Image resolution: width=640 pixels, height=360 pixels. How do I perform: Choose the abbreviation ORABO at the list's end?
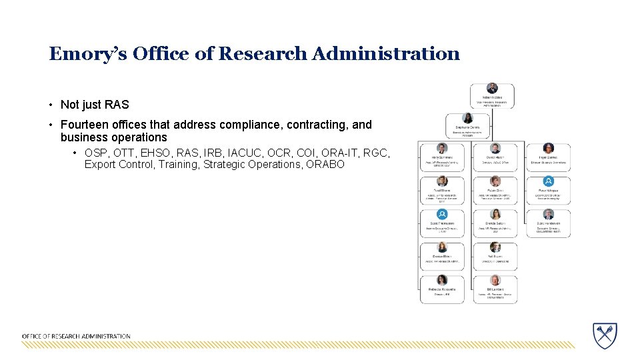click(x=325, y=164)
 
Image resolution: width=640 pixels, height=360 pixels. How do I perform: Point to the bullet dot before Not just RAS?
click(x=51, y=105)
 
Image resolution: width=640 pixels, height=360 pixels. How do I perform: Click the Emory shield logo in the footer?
click(x=605, y=334)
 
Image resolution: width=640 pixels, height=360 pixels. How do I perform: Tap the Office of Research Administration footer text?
click(x=76, y=336)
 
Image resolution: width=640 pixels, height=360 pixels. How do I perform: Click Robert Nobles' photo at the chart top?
click(x=492, y=88)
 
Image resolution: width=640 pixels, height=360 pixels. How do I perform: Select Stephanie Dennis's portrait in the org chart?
click(x=468, y=117)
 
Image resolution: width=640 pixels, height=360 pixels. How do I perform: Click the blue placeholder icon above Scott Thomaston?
click(x=441, y=214)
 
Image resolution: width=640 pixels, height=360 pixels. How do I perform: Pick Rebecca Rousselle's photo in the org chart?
click(x=441, y=280)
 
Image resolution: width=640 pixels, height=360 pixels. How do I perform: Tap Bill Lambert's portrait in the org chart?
click(x=495, y=280)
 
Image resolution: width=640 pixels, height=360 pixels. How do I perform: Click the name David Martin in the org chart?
click(x=495, y=157)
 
